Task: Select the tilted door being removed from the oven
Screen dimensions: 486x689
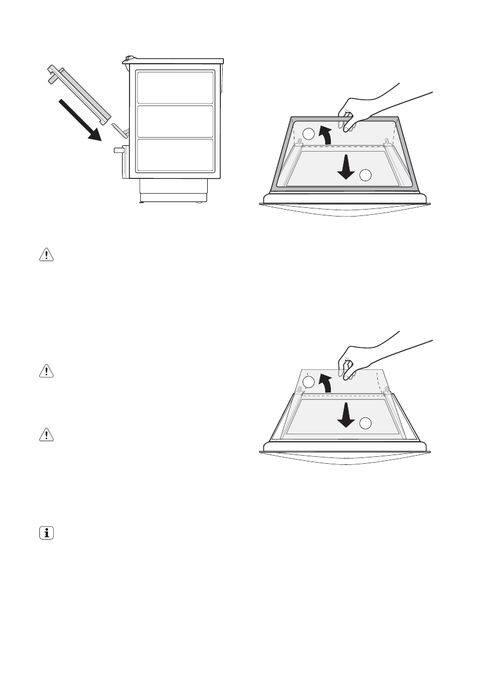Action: point(78,95)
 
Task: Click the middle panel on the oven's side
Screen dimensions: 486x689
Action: point(175,121)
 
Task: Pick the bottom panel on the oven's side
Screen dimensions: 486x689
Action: point(175,155)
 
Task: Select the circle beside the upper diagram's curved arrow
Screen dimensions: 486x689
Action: point(310,134)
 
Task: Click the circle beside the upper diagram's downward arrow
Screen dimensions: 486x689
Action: point(366,174)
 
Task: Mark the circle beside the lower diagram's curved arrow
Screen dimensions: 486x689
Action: point(310,382)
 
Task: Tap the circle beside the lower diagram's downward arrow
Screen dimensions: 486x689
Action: point(366,423)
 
